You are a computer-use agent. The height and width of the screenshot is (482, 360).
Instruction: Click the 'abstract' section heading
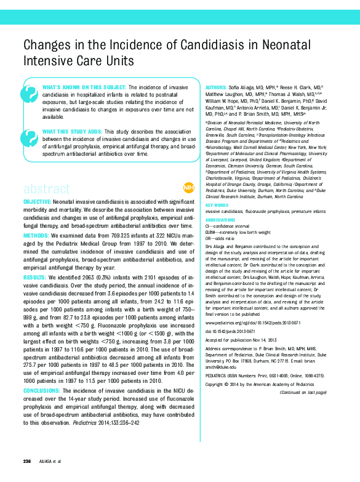(x=47, y=188)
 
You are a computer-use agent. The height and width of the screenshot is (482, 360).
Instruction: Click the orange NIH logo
(x=188, y=188)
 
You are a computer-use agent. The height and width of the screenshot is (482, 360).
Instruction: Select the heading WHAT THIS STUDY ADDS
(x=73, y=132)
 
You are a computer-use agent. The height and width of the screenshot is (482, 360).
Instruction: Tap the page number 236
(x=27, y=462)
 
